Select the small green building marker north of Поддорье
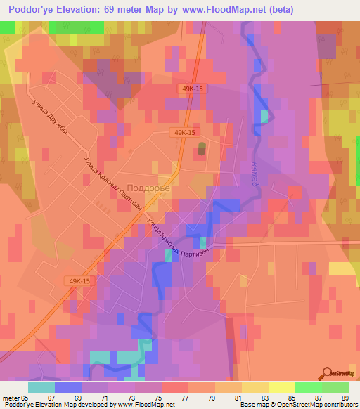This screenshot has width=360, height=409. (202, 150)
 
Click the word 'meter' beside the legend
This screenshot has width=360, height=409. (11, 397)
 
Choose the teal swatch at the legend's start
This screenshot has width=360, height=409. (41, 387)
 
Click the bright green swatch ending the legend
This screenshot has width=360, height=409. (335, 387)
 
